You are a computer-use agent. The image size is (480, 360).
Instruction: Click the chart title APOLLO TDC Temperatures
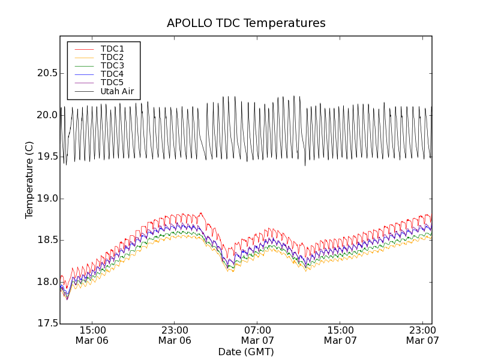tap(246, 23)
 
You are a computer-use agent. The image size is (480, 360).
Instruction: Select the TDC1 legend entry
tap(112, 49)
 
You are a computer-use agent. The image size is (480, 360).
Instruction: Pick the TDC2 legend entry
tap(112, 57)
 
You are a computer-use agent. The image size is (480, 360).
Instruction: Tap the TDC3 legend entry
tap(112, 65)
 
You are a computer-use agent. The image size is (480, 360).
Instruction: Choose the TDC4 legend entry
tap(112, 74)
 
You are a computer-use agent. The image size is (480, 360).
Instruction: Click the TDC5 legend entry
tap(112, 82)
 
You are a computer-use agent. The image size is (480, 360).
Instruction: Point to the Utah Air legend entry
tap(117, 92)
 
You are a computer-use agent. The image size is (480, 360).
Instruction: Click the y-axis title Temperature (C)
tap(29, 180)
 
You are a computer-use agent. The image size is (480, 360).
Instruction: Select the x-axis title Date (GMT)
tap(246, 352)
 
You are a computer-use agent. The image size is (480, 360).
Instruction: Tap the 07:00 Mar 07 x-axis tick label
tap(257, 335)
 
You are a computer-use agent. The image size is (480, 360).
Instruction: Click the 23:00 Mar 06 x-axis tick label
tap(175, 335)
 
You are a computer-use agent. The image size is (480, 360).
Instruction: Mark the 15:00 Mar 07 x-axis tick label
tap(340, 335)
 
